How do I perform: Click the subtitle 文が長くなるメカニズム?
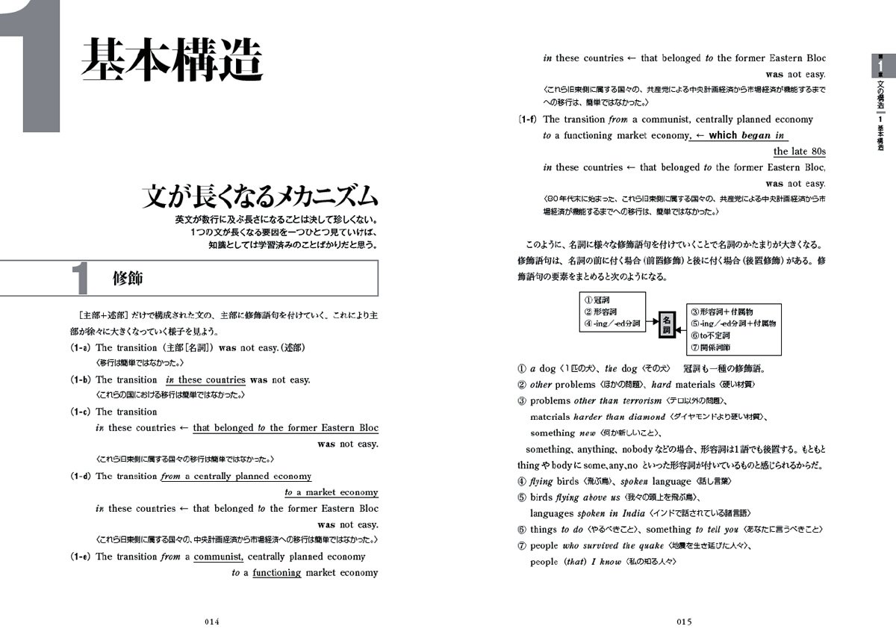[261, 196]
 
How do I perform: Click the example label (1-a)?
[81, 347]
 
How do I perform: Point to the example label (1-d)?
[81, 476]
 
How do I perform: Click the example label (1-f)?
[529, 119]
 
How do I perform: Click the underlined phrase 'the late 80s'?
[799, 152]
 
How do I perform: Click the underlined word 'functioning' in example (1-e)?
[276, 573]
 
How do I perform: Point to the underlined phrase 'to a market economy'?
[332, 492]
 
